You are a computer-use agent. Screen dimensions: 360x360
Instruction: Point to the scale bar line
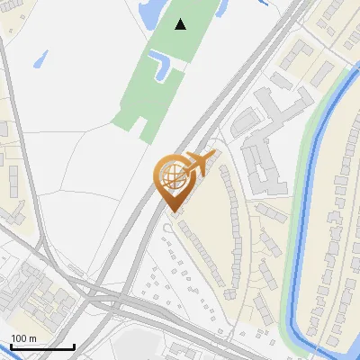(x=42, y=346)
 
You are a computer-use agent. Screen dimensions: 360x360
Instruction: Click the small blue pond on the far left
(x=40, y=60)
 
